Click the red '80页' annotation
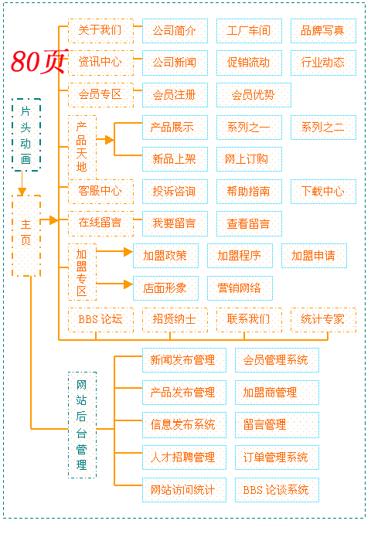click(39, 61)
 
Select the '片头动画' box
click(26, 134)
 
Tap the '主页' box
click(26, 236)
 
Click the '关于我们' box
click(100, 31)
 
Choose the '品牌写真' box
click(323, 31)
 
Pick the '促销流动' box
click(249, 63)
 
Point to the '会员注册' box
click(175, 95)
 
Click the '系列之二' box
click(323, 128)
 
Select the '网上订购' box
click(249, 159)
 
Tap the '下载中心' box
click(323, 192)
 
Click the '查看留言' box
click(249, 223)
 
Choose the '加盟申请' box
click(314, 256)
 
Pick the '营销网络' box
click(240, 288)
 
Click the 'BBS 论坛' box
click(100, 320)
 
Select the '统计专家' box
click(323, 320)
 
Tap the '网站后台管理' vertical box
click(82, 425)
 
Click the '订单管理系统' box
click(277, 458)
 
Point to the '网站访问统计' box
click(184, 490)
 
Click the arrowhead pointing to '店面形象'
click(128, 284)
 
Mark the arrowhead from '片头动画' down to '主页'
click(22, 192)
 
